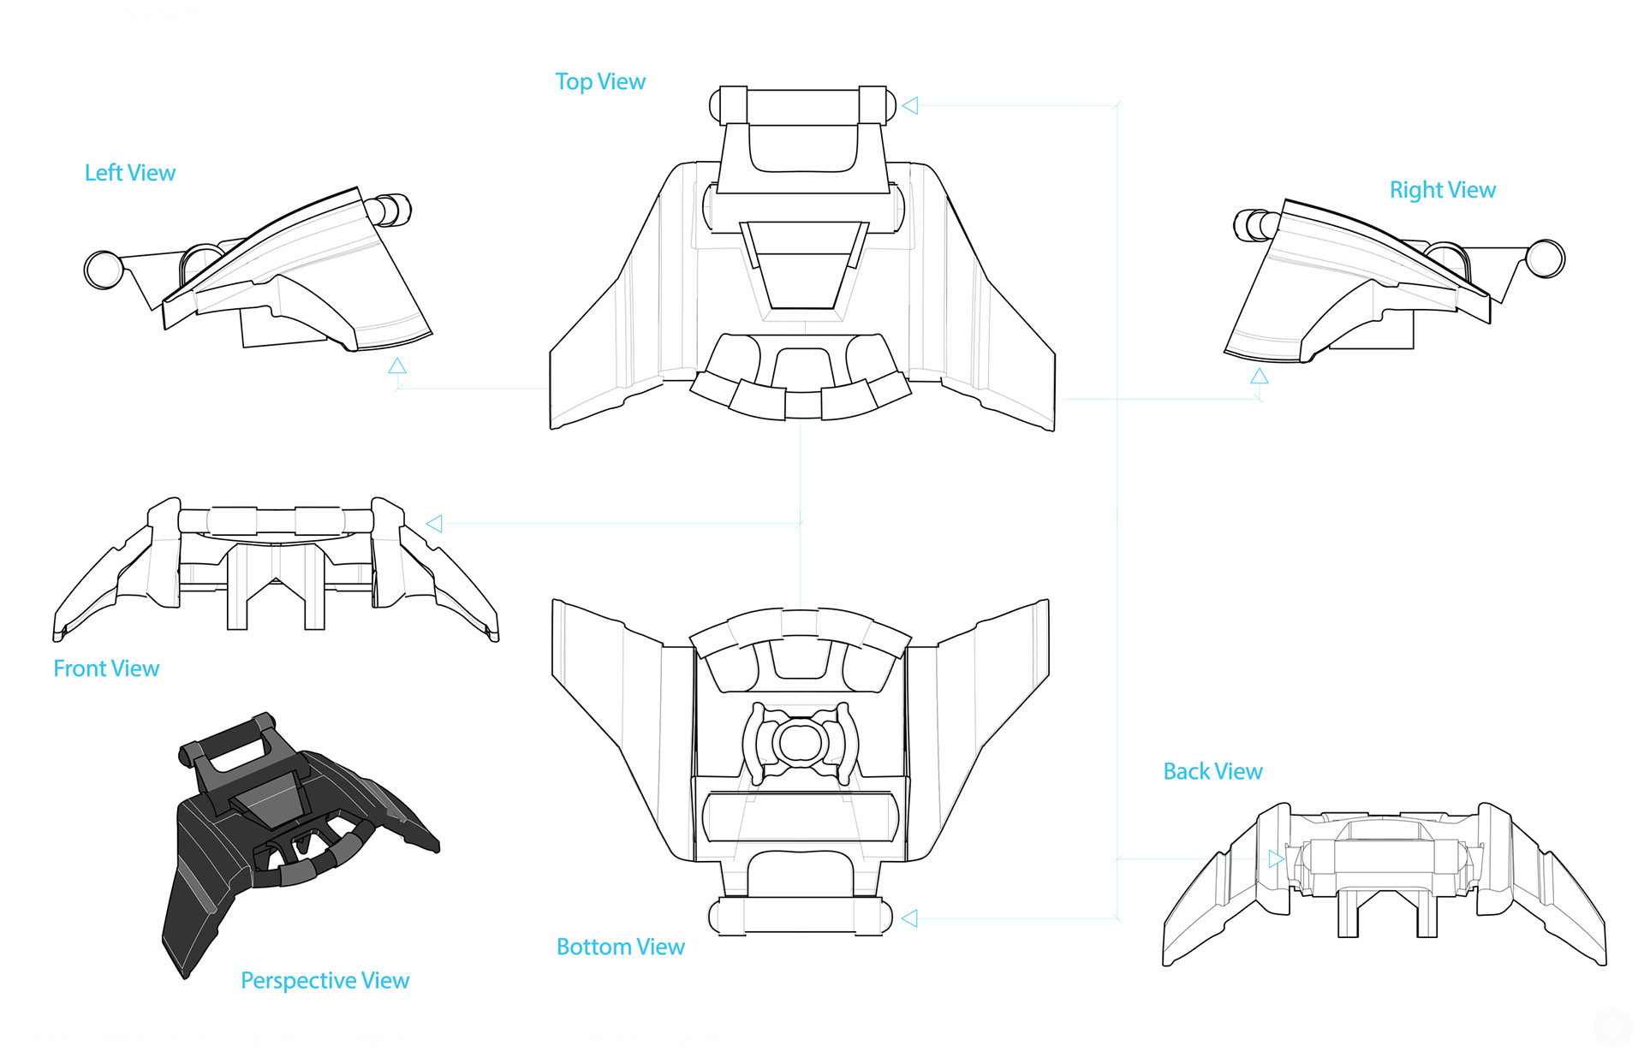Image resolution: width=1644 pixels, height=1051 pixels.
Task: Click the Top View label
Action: point(600,82)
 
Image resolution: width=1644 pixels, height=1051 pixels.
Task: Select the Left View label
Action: point(130,173)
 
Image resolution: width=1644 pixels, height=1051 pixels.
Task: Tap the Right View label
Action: point(1442,190)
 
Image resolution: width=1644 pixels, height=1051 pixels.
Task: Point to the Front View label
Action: point(106,668)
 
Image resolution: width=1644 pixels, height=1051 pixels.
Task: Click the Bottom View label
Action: point(621,947)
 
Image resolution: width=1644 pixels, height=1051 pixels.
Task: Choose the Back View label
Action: point(1212,772)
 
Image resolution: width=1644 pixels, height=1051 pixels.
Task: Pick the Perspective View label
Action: point(325,980)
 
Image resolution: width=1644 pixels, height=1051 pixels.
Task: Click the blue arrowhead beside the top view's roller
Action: point(910,105)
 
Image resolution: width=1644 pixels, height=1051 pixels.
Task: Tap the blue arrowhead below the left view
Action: point(396,366)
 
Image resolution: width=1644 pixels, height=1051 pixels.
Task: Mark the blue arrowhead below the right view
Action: point(1259,377)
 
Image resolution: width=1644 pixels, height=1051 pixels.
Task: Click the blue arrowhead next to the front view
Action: point(435,524)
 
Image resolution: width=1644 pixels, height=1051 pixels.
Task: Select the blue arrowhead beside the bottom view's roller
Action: point(910,918)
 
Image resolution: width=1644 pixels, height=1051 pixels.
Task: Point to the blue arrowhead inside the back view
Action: point(1276,858)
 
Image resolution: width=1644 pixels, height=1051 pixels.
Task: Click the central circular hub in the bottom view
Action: point(800,743)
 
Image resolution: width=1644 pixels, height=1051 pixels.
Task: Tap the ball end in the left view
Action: point(104,270)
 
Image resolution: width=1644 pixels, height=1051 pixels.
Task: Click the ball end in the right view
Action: point(1546,258)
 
